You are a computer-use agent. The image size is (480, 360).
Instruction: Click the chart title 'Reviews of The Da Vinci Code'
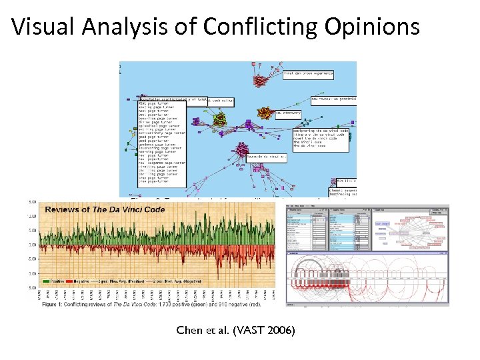coord(105,209)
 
